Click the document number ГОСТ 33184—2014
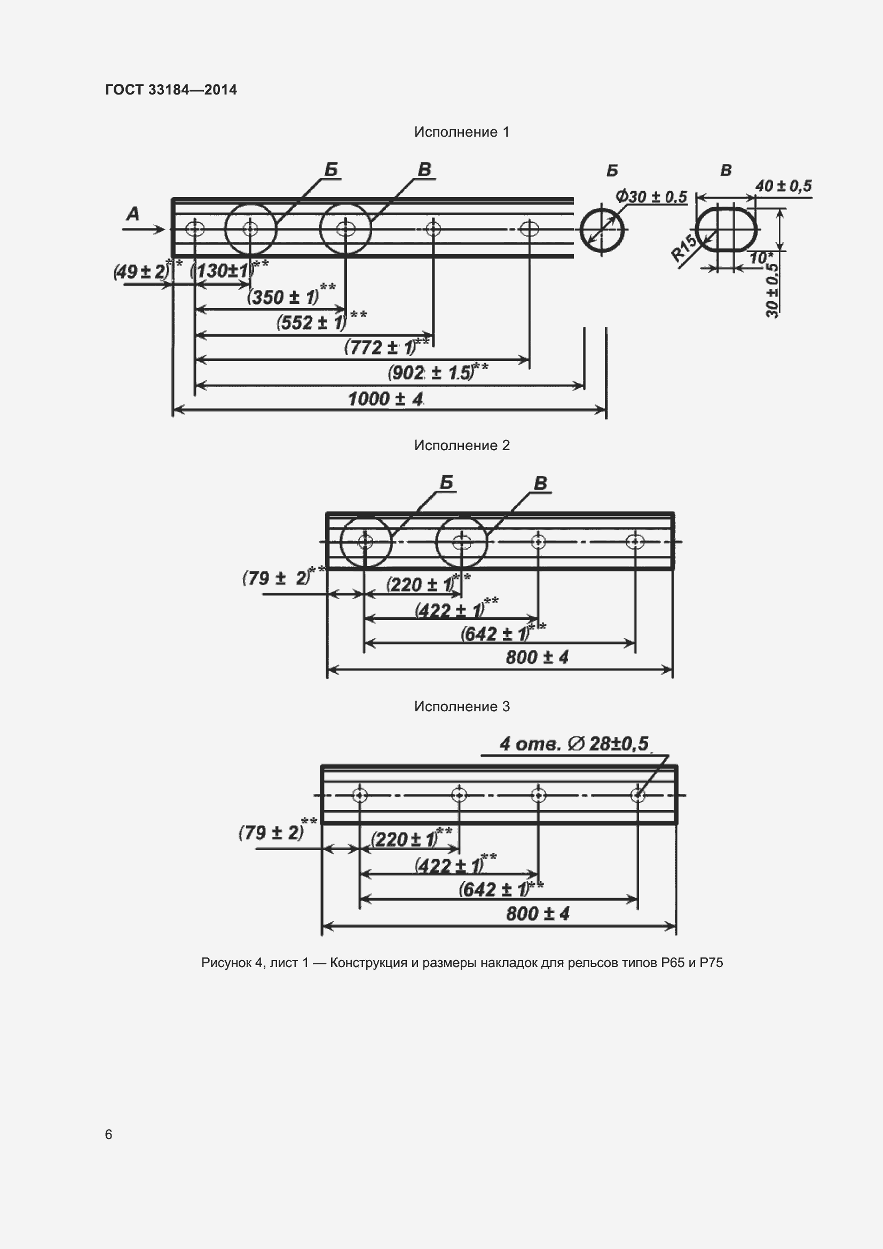point(171,90)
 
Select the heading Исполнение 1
point(462,132)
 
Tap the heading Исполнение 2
point(462,445)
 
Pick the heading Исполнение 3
point(462,706)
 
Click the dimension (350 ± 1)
point(283,297)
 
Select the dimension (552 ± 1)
point(312,323)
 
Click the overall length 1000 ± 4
point(385,399)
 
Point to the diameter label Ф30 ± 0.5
point(651,197)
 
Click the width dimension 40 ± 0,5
point(784,186)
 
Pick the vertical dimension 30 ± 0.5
point(772,290)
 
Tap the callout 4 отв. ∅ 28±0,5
point(574,744)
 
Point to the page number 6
point(109,1134)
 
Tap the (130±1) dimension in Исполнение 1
point(222,270)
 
